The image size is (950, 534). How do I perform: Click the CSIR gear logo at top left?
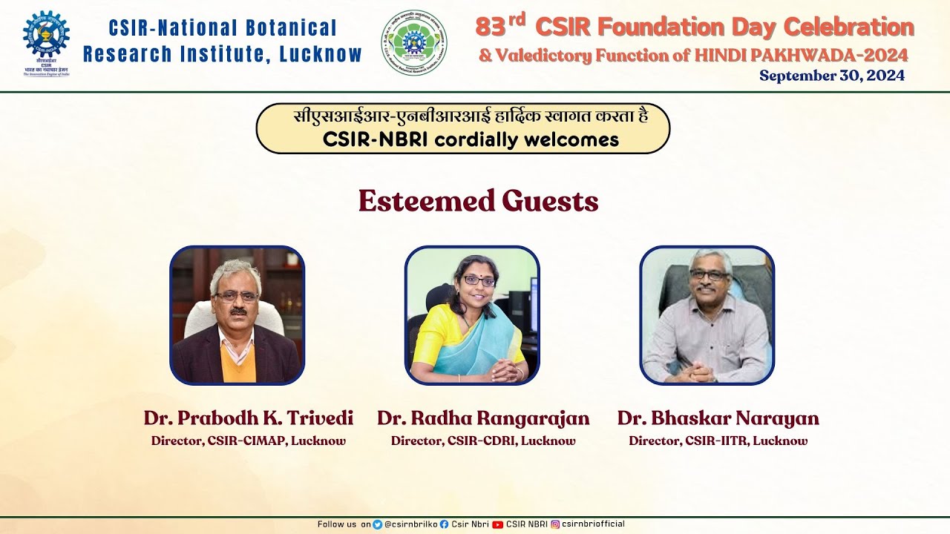pyautogui.click(x=46, y=35)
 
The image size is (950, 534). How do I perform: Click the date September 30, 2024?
pyautogui.click(x=831, y=76)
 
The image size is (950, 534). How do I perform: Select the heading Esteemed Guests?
pyautogui.click(x=478, y=201)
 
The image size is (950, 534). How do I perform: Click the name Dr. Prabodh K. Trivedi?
pyautogui.click(x=249, y=418)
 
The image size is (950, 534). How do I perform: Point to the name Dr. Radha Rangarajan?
pyautogui.click(x=483, y=418)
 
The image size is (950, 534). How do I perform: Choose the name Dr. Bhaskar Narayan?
pyautogui.click(x=718, y=418)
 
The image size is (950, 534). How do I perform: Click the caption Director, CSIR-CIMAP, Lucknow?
pyautogui.click(x=249, y=441)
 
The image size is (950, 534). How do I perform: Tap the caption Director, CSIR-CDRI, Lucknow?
pyautogui.click(x=483, y=441)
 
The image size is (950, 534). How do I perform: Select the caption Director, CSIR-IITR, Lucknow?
pyautogui.click(x=718, y=441)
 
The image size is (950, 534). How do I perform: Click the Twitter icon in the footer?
pyautogui.click(x=378, y=524)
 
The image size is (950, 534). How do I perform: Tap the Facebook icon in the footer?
pyautogui.click(x=444, y=524)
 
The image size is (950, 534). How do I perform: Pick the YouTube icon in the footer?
pyautogui.click(x=497, y=524)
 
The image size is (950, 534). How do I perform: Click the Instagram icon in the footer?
pyautogui.click(x=554, y=524)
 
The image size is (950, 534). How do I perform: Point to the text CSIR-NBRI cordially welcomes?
pyautogui.click(x=471, y=139)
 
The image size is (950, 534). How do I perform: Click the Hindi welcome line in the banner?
pyautogui.click(x=471, y=118)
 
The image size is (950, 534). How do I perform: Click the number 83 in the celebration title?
pyautogui.click(x=490, y=28)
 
